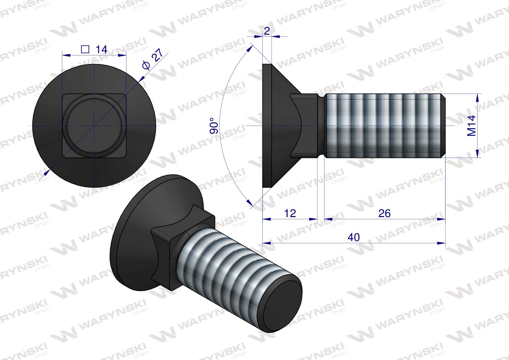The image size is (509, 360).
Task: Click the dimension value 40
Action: (353, 237)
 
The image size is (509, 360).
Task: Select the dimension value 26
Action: (384, 213)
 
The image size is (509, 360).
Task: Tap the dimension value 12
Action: (290, 213)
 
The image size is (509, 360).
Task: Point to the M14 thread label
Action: (471, 126)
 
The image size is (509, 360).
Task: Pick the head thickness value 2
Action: (267, 31)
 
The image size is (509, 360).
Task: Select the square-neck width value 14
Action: (101, 49)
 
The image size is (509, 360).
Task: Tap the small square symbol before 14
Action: (85, 49)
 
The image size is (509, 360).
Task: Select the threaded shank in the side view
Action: (383, 126)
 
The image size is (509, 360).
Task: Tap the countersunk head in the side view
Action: (278, 126)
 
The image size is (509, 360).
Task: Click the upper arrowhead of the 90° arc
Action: (250, 49)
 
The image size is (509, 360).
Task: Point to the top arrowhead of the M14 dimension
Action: (477, 97)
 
